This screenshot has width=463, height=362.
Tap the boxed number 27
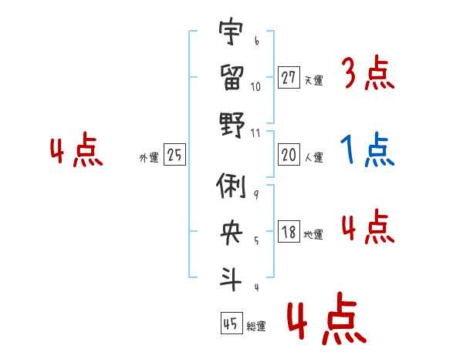pyautogui.click(x=289, y=77)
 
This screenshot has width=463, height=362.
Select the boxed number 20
pyautogui.click(x=289, y=155)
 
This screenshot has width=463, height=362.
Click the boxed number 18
pyautogui.click(x=289, y=232)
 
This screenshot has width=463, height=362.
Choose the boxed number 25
pyautogui.click(x=174, y=155)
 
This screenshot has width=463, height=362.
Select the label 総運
pyautogui.click(x=256, y=326)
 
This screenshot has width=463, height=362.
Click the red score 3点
pyautogui.click(x=367, y=74)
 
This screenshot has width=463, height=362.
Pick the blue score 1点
pyautogui.click(x=367, y=150)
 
